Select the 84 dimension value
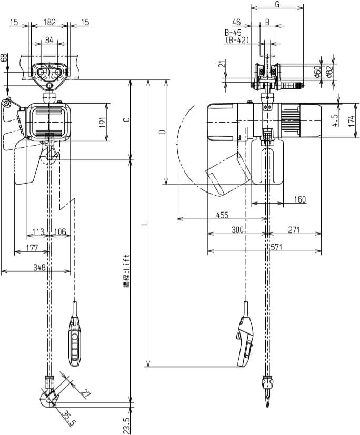(x=49, y=41)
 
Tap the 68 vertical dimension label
(x=5, y=57)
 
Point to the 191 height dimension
(x=103, y=122)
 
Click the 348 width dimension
(x=39, y=268)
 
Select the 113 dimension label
(x=38, y=232)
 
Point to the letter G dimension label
(x=277, y=5)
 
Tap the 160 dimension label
(x=299, y=199)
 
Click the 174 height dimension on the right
(x=351, y=120)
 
